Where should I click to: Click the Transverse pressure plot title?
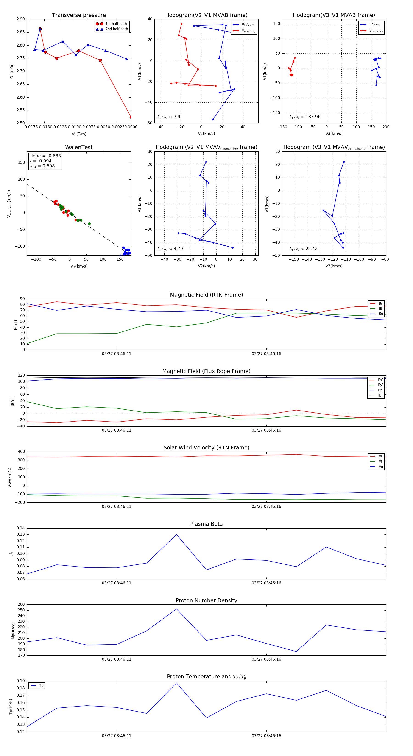coord(79,15)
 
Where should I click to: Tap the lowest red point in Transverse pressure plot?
coord(131,117)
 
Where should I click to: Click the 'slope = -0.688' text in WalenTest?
coord(45,156)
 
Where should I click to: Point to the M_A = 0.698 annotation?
coord(42,166)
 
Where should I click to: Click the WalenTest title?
coord(79,147)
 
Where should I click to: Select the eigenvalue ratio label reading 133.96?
coord(305,117)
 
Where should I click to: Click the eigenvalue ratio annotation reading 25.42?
coord(303,249)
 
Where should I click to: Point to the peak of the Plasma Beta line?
coord(176,534)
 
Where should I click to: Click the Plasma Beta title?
coord(206,524)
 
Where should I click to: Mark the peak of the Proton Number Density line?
coord(176,609)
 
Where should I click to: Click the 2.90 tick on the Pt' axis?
coord(21,19)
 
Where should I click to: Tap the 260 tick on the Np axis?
coord(21,605)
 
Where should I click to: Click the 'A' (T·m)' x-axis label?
coord(79,134)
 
